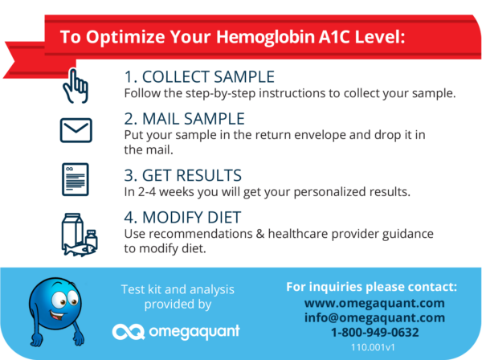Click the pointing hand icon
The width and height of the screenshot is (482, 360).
pyautogui.click(x=76, y=86)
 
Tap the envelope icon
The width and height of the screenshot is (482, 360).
pyautogui.click(x=76, y=130)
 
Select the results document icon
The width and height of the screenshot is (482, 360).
pyautogui.click(x=76, y=179)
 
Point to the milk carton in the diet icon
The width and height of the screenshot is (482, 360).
pyautogui.click(x=72, y=231)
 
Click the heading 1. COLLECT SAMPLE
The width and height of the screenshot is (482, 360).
pyautogui.click(x=199, y=76)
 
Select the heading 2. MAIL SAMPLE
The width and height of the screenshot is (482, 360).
pyautogui.click(x=185, y=119)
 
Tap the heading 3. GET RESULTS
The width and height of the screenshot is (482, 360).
pyautogui.click(x=183, y=175)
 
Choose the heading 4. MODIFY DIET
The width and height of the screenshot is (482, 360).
pyautogui.click(x=182, y=217)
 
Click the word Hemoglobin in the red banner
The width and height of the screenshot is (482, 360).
pyautogui.click(x=266, y=37)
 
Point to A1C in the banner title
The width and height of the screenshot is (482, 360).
pyautogui.click(x=334, y=37)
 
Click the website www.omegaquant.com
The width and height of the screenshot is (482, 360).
pyautogui.click(x=374, y=303)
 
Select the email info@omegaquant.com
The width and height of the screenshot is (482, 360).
pyautogui.click(x=374, y=317)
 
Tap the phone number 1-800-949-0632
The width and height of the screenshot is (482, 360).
pyautogui.click(x=374, y=333)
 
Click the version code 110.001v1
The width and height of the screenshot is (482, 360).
pyautogui.click(x=373, y=347)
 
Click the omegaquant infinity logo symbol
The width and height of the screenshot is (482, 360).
pyautogui.click(x=129, y=332)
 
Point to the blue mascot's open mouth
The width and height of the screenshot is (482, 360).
pyautogui.click(x=58, y=316)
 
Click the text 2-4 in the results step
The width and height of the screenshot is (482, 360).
pyautogui.click(x=147, y=192)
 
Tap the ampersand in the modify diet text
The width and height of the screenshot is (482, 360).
pyautogui.click(x=260, y=234)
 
